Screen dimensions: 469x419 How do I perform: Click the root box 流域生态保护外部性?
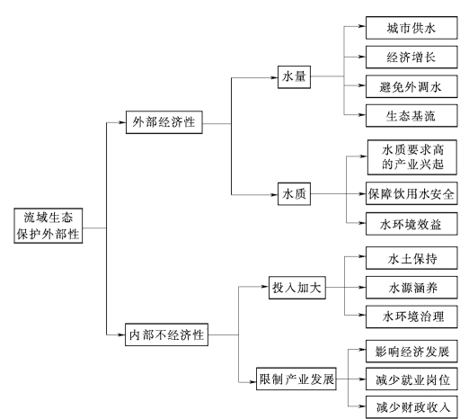(49, 226)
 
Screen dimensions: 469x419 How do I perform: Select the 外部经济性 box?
(164, 122)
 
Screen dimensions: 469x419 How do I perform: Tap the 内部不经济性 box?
(166, 334)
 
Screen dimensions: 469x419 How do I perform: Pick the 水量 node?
(294, 77)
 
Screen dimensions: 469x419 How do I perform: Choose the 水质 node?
(294, 194)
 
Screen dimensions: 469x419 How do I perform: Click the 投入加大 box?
(297, 288)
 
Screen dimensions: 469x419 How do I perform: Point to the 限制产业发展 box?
(296, 379)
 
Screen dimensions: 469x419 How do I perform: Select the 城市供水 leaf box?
(411, 28)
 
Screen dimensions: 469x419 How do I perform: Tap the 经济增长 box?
(411, 57)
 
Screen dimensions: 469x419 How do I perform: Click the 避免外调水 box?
(411, 86)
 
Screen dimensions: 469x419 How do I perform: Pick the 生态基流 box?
(411, 116)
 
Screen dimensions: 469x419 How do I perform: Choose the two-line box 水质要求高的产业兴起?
(412, 157)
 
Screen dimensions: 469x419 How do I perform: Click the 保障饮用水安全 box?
(411, 193)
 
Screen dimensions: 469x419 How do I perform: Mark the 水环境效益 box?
(411, 224)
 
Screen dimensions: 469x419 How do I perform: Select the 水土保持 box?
(411, 258)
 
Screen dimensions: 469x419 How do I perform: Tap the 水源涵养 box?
(411, 288)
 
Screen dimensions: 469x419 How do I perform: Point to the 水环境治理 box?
(411, 316)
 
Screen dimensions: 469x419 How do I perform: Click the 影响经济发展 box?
(411, 352)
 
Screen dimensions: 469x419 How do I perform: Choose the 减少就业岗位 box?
(411, 379)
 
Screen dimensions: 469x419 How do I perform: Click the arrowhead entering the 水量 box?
(274, 77)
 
